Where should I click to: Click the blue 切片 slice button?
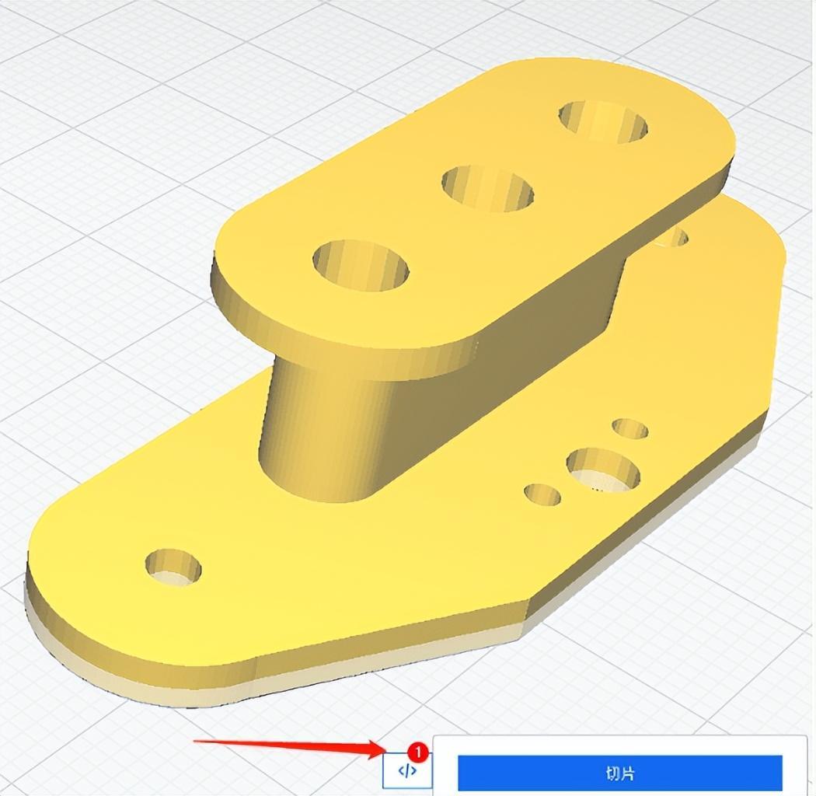click(619, 773)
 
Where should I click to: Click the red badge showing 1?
click(418, 752)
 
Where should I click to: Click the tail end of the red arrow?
click(196, 741)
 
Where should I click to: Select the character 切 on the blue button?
click(612, 773)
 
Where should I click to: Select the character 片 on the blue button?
click(627, 773)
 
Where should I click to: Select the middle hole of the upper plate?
click(488, 187)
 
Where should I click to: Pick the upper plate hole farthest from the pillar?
click(603, 121)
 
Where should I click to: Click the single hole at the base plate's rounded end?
click(173, 567)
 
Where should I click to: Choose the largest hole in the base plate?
click(603, 470)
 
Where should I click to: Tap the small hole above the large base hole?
click(629, 428)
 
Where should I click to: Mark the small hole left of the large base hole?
click(542, 494)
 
